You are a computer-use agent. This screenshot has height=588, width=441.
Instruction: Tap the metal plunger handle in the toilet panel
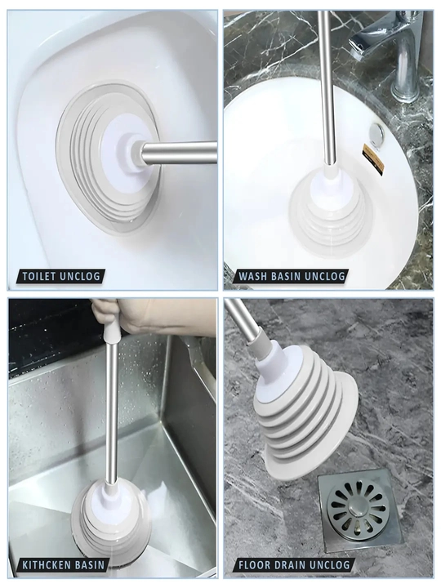[x=179, y=153]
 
